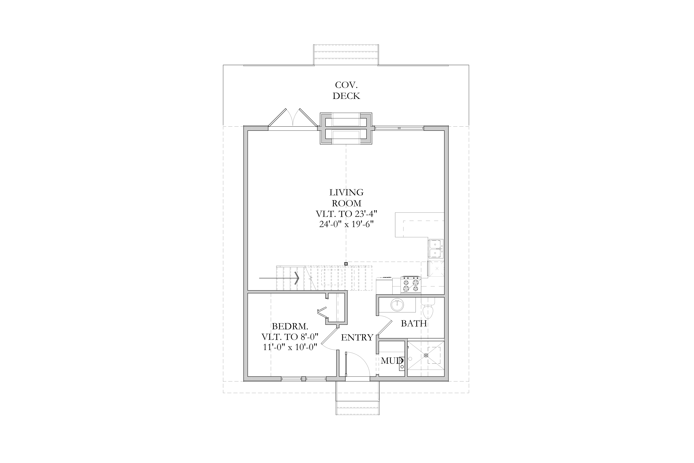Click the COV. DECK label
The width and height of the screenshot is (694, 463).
(x=346, y=90)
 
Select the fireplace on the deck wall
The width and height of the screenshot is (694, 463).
(x=346, y=128)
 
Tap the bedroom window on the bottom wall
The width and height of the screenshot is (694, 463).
(x=304, y=379)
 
